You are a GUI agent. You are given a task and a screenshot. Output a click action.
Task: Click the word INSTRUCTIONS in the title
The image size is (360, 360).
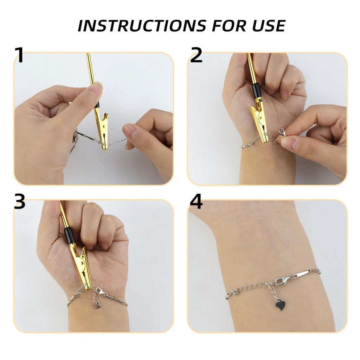click(x=138, y=26)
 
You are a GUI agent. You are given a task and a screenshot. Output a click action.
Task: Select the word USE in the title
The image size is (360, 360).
click(x=267, y=26)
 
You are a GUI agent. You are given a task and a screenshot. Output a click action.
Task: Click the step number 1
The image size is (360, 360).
click(x=19, y=55)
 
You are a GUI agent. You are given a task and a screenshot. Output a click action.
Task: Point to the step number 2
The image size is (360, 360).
click(x=196, y=55)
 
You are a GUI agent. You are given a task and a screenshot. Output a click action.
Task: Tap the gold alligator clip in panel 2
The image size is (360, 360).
click(x=259, y=121)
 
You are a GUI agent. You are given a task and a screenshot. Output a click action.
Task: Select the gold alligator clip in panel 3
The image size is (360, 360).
click(x=82, y=267)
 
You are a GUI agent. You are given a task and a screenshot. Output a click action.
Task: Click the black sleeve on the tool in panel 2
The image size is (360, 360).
click(x=256, y=90)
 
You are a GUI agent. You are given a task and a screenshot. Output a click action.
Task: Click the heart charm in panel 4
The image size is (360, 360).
click(x=280, y=306)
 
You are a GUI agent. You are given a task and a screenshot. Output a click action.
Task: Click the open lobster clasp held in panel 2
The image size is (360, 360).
click(x=282, y=132)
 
